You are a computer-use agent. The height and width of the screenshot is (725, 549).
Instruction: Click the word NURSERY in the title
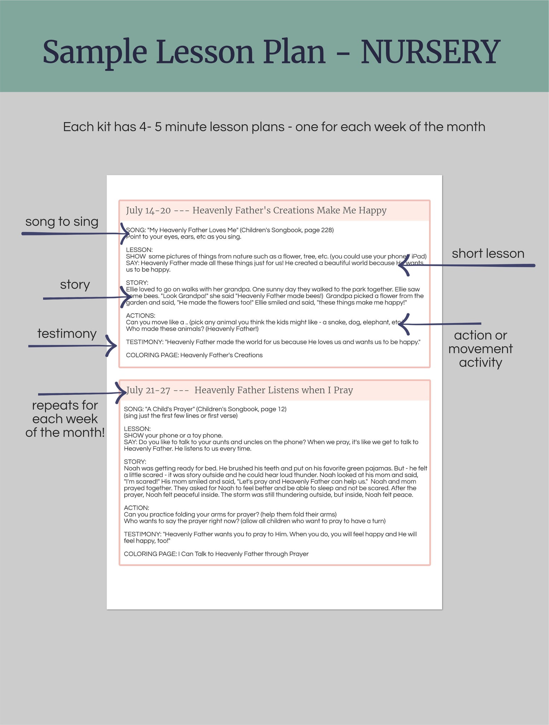coord(430,52)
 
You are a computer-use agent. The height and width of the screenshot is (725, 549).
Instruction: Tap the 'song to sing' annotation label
coord(62,222)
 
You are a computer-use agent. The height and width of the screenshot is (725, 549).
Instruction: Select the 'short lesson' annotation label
coord(488,253)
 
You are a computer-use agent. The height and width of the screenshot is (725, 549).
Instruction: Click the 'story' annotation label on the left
coord(75,284)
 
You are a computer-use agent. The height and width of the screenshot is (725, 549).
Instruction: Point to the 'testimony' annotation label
coord(67,333)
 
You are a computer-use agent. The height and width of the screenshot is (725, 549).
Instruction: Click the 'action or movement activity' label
coord(480,349)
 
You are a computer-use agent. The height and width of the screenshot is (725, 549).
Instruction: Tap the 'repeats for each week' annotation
coord(65,419)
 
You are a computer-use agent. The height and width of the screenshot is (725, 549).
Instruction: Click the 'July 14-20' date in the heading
coord(148,211)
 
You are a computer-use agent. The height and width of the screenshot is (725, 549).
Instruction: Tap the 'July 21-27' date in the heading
coord(148,390)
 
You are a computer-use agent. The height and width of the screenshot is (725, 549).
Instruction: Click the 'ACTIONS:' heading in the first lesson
coord(140,315)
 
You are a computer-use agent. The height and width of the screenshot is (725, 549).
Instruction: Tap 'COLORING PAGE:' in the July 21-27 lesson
coord(150,554)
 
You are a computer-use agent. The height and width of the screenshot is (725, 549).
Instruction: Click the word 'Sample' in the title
coord(95,52)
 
